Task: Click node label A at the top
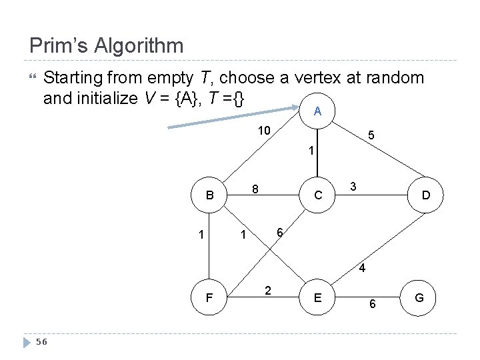tap(318, 112)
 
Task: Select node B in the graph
tap(209, 196)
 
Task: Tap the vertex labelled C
tap(319, 196)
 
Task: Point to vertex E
tap(319, 297)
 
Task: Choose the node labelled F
tap(209, 297)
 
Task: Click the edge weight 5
tap(371, 135)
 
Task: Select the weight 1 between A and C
tap(311, 151)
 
